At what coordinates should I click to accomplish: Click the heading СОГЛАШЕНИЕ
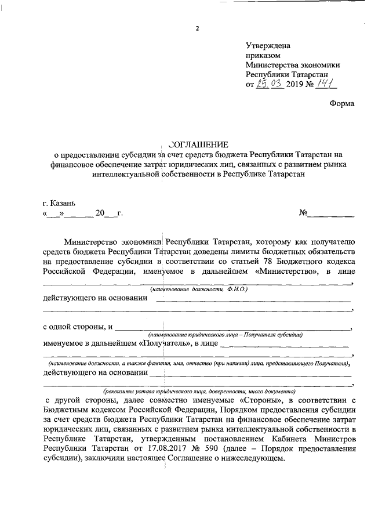[x=198, y=144]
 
